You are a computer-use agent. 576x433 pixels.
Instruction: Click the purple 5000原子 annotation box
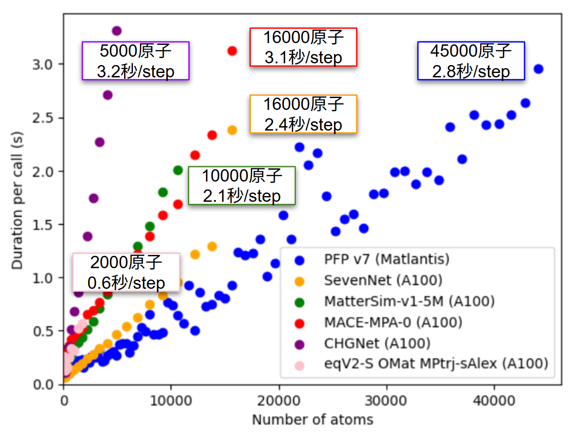[x=136, y=61]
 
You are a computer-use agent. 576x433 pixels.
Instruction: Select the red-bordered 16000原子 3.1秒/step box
[x=303, y=47]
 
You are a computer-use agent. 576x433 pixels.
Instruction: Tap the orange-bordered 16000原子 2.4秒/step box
[x=303, y=114]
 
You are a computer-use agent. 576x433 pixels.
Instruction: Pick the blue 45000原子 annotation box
[x=471, y=61]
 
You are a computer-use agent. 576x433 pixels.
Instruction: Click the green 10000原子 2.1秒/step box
[x=242, y=186]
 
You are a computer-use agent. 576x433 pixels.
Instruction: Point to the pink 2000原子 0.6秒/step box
[x=126, y=272]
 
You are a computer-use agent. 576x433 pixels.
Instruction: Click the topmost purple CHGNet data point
[x=117, y=31]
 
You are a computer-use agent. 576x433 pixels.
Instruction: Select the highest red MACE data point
[x=232, y=51]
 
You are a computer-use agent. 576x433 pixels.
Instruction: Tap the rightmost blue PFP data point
[x=538, y=69]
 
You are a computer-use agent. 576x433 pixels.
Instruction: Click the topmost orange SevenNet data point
[x=232, y=130]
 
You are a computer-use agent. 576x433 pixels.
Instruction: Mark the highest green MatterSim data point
[x=178, y=170]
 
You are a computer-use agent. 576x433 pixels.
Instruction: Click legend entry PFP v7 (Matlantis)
[x=386, y=259]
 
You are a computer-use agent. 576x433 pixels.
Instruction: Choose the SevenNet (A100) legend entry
[x=382, y=280]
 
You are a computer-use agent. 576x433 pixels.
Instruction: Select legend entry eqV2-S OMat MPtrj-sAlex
[x=436, y=364]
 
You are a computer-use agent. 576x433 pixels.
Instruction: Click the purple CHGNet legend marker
[x=300, y=344]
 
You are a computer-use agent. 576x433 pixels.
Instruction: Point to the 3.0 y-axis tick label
[x=42, y=65]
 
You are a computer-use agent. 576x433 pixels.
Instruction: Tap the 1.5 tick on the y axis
[x=42, y=225]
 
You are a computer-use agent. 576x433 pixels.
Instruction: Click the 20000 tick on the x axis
[x=279, y=400]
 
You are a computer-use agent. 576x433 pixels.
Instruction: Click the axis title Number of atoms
[x=312, y=419]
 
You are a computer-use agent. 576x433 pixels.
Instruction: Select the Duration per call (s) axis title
[x=17, y=200]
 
